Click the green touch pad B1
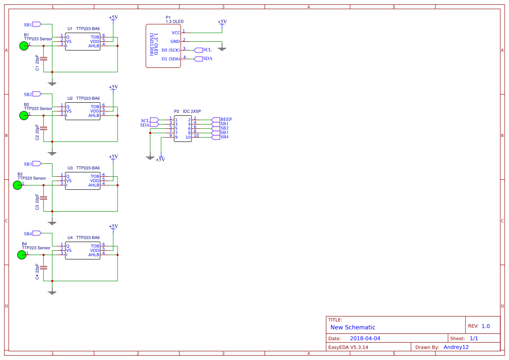(24, 46)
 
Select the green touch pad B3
(17, 185)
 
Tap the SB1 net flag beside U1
(37, 24)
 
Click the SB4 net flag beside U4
(37, 234)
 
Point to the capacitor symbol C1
(44, 58)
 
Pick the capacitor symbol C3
(44, 198)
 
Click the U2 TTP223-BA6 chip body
(83, 111)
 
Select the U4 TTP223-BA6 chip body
(83, 250)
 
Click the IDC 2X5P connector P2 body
(183, 128)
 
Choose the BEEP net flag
(216, 119)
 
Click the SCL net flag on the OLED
(199, 50)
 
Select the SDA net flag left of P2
(155, 125)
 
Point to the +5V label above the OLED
(222, 22)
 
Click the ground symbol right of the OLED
(222, 48)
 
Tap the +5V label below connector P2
(161, 160)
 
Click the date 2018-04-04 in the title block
(365, 338)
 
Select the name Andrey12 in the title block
(456, 347)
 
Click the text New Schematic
(353, 327)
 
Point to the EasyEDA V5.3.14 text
(348, 347)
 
